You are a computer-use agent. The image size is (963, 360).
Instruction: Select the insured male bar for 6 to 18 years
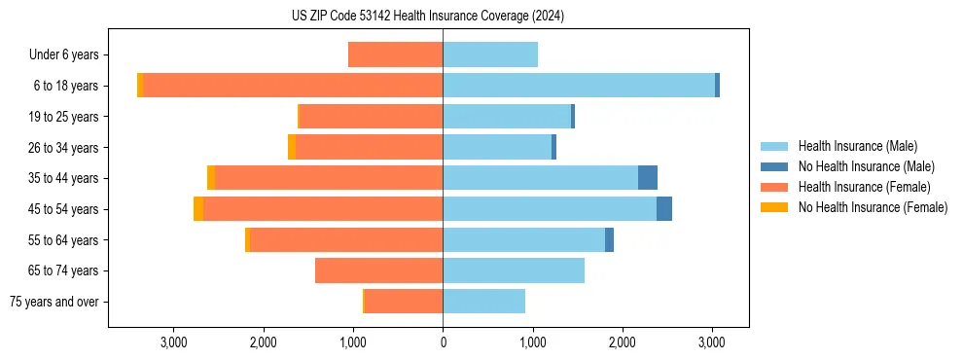coord(579,86)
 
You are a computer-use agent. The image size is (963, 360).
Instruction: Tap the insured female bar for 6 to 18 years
coord(293,86)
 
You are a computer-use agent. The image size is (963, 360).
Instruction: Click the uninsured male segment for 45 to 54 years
coord(664,209)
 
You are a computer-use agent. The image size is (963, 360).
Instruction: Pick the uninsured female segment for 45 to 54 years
coord(198,209)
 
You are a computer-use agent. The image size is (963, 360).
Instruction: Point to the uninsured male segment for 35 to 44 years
coord(648,178)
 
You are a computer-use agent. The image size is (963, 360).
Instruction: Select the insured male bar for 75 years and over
coord(483,302)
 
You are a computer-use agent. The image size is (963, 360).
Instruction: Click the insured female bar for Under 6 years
coord(395,54)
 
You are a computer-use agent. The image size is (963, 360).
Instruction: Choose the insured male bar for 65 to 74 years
coord(514,270)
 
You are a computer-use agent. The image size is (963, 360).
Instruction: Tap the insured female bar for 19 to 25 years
coord(371,117)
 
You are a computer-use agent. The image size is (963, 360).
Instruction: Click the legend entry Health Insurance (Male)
coord(857,146)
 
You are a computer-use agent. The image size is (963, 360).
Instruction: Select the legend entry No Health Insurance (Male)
coord(866,166)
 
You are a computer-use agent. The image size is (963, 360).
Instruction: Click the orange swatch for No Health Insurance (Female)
coord(774,207)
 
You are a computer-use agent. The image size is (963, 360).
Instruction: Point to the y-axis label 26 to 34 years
coord(63,148)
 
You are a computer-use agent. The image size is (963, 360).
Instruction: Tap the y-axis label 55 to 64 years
coord(63,240)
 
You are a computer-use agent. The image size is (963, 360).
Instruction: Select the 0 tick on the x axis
coord(443,342)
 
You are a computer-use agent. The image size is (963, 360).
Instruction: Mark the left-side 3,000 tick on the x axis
coord(173,342)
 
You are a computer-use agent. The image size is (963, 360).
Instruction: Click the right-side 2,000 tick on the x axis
coord(623,342)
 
